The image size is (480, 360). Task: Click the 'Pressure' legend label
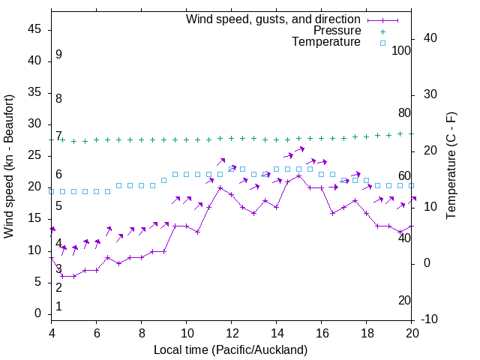click(337, 31)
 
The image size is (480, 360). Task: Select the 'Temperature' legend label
click(326, 43)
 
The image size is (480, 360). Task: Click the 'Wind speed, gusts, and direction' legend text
click(273, 19)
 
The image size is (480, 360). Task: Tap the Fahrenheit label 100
click(401, 50)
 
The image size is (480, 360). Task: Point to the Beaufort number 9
click(58, 55)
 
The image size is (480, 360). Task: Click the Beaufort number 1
click(58, 307)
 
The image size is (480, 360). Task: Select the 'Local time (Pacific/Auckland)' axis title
click(230, 349)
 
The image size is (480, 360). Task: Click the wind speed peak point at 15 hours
click(299, 175)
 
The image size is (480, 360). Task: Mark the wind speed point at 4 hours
click(52, 257)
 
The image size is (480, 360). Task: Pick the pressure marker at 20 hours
click(412, 133)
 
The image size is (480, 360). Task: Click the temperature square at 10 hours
click(187, 174)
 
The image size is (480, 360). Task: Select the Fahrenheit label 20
click(404, 301)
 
